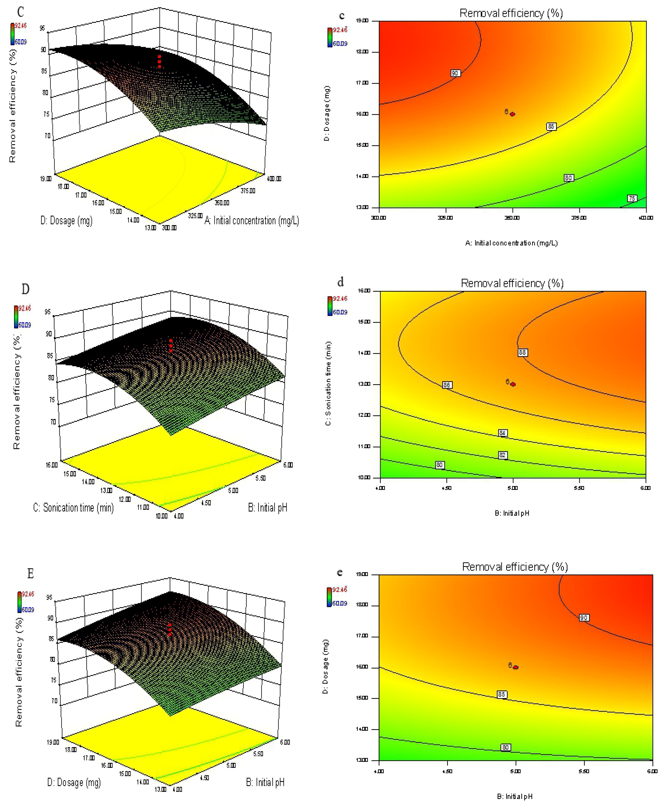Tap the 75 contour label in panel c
[632, 198]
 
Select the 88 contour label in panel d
[522, 353]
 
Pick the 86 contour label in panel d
[447, 385]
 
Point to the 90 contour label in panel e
[584, 618]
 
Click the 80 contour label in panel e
[505, 747]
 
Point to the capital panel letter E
[30, 573]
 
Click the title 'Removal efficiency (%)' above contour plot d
[512, 283]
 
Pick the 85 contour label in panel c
[551, 126]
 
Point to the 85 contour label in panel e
[502, 694]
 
